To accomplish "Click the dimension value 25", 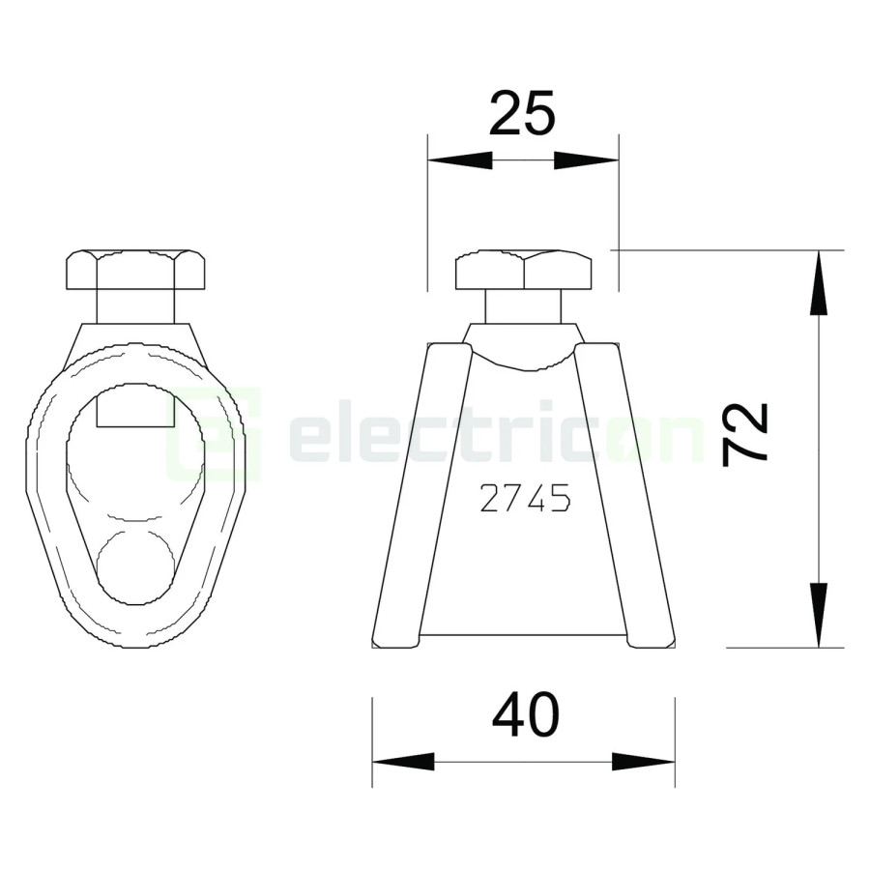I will click(522, 114).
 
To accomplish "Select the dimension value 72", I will click(746, 434).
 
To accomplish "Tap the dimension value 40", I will click(525, 717).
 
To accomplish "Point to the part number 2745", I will click(525, 499).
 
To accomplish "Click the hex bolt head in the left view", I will click(135, 271).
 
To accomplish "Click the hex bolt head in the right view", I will click(523, 271).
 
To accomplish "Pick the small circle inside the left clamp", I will click(135, 567).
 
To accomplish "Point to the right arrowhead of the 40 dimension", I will click(644, 762).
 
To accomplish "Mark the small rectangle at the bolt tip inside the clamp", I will click(135, 405).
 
